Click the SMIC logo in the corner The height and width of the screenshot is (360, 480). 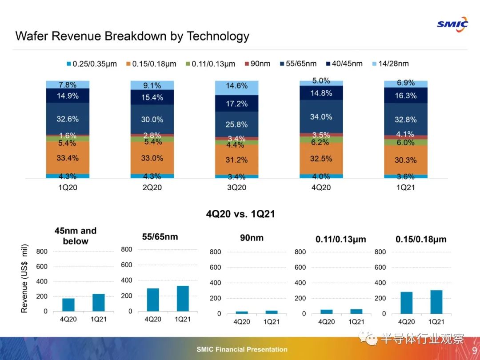(x=452, y=24)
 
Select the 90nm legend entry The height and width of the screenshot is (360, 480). (x=257, y=64)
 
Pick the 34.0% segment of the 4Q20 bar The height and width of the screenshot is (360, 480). (x=321, y=116)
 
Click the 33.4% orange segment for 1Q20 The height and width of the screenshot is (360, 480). (x=68, y=158)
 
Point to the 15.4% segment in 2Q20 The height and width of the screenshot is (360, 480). (x=152, y=97)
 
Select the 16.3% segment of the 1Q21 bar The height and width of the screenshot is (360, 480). (x=405, y=95)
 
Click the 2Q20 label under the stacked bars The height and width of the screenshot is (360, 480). (x=152, y=188)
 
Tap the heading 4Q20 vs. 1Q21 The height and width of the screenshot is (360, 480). (x=240, y=214)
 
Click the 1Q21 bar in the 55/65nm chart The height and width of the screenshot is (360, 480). (x=183, y=298)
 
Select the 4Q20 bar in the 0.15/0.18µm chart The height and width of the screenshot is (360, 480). (x=407, y=303)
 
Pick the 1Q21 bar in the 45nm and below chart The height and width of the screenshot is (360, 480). (x=98, y=303)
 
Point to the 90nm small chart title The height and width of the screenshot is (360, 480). (x=252, y=238)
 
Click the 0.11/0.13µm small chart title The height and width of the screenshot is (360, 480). (x=341, y=239)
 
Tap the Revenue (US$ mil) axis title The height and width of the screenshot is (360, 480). (x=24, y=278)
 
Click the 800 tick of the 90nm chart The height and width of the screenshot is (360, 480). (x=215, y=252)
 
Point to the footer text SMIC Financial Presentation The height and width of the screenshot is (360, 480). (x=242, y=349)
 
